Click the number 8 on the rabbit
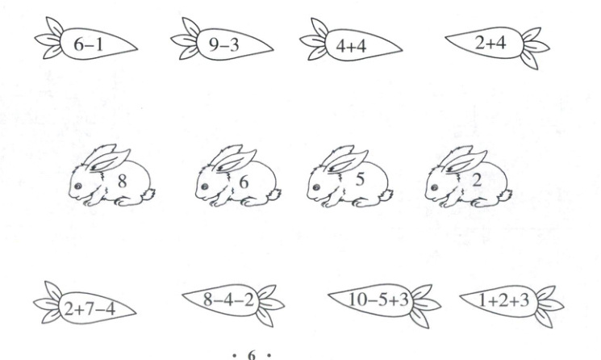(x=123, y=181)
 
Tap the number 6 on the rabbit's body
(x=244, y=182)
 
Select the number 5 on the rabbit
(x=360, y=179)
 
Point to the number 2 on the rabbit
(x=477, y=180)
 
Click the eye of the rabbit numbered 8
(x=77, y=186)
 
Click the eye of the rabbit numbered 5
(x=316, y=187)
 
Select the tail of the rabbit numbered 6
(x=273, y=195)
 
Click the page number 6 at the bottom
(x=252, y=355)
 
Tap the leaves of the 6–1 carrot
(x=49, y=38)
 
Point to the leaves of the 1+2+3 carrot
(x=549, y=306)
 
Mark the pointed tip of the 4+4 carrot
(x=402, y=50)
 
